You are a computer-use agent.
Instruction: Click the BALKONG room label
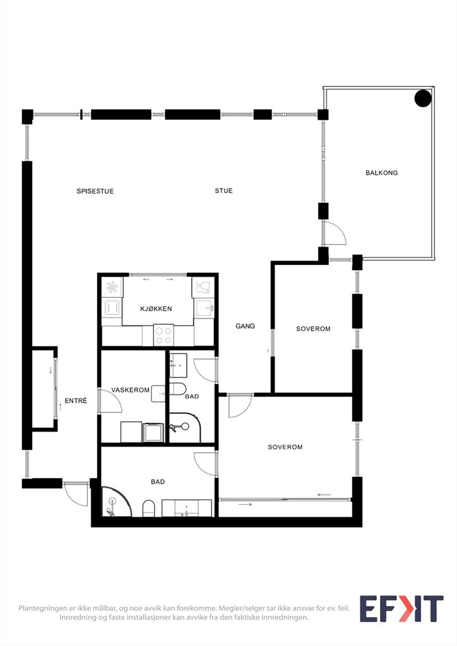382,173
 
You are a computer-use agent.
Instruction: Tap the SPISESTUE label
95,191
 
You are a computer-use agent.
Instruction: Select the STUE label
223,191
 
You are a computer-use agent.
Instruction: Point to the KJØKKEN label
156,308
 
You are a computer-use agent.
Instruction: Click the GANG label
245,326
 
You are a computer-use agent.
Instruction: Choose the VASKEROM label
130,390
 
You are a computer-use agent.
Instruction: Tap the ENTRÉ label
76,401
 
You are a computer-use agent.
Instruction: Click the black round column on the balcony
423,98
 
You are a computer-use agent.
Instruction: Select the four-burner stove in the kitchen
163,336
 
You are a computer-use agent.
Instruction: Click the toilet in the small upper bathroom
177,389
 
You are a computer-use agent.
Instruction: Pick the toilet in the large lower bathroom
149,508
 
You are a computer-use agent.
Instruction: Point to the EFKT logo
401,609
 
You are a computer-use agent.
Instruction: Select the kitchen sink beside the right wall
205,308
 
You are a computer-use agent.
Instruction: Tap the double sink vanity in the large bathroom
187,508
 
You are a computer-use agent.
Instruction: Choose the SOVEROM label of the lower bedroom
285,447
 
